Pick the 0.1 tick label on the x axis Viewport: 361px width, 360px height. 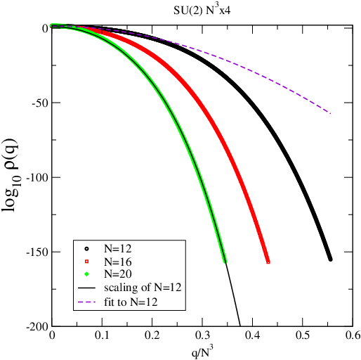(x=103, y=337)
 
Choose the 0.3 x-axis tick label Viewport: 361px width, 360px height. (x=202, y=337)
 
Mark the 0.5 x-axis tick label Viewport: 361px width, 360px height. (x=303, y=337)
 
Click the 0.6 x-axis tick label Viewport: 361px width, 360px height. (x=351, y=337)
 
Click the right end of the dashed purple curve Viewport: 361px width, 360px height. (x=330, y=113)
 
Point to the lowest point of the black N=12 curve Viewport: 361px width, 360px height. (x=330, y=259)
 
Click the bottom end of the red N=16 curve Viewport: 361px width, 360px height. (x=268, y=262)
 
